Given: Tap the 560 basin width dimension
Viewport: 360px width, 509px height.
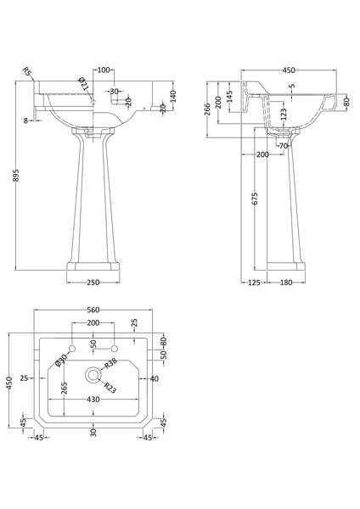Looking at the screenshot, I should click(93, 310).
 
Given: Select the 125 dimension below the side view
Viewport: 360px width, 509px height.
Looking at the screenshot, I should click(252, 282).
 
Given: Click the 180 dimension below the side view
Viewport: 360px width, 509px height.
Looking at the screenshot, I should click(285, 282).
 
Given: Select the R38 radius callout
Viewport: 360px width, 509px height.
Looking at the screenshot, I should click(111, 362).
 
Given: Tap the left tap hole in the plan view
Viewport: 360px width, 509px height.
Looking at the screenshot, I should click(74, 350).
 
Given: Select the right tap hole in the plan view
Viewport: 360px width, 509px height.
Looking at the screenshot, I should click(113, 350).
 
